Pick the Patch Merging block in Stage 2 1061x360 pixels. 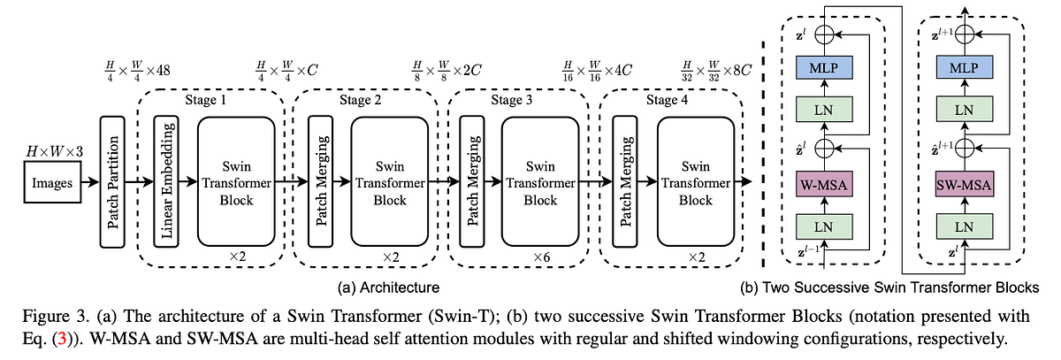[x=320, y=184]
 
